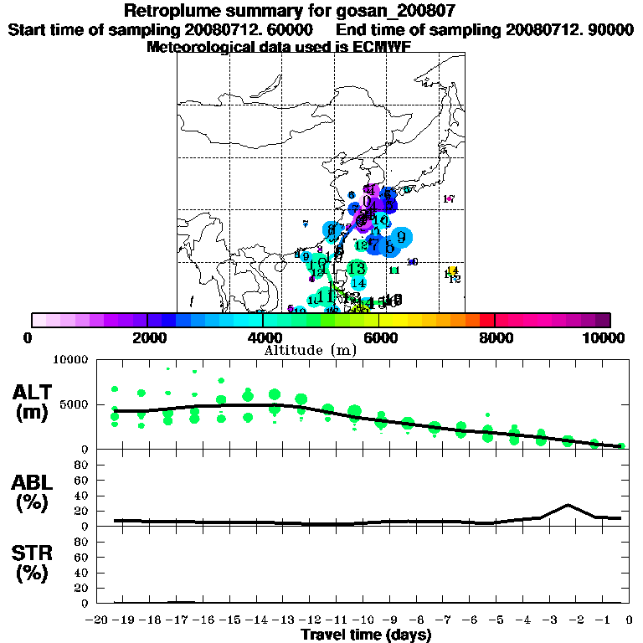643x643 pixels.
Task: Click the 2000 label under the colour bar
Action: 147,337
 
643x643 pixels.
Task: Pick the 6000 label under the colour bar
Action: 379,337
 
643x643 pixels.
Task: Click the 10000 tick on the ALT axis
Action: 71,360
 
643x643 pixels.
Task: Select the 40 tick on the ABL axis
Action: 82,495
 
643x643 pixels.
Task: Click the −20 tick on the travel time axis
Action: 99,620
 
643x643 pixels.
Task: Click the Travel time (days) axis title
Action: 366,635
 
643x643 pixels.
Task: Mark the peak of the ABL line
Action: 568,505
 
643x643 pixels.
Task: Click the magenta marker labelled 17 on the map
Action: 449,199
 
